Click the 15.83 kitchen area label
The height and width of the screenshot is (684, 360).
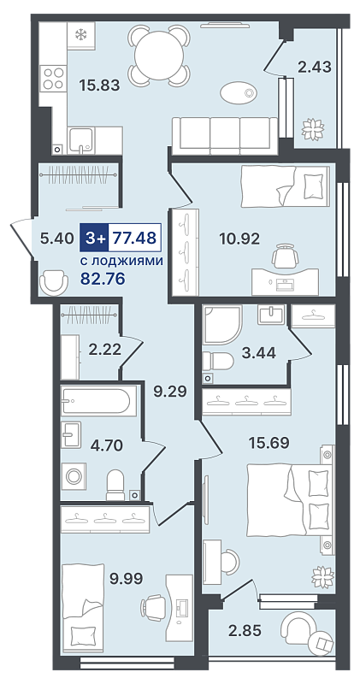click(x=99, y=85)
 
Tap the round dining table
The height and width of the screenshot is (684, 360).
click(x=159, y=55)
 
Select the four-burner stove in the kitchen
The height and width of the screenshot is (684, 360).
click(x=53, y=78)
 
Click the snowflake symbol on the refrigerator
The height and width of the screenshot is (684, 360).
click(x=80, y=34)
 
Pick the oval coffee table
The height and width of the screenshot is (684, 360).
click(x=239, y=93)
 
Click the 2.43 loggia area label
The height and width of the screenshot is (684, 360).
click(x=314, y=68)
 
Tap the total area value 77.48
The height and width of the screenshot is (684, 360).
click(x=134, y=238)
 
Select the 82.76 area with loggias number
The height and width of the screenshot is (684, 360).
click(x=103, y=279)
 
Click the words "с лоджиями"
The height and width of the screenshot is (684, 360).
click(x=122, y=262)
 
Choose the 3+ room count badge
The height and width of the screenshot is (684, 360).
click(x=94, y=238)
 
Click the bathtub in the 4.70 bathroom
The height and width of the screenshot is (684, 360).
click(x=95, y=401)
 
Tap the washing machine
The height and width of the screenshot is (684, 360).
click(x=74, y=476)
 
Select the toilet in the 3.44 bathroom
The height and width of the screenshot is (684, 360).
click(x=218, y=361)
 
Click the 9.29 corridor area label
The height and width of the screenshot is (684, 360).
click(x=170, y=392)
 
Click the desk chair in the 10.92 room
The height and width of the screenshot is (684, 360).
click(x=286, y=255)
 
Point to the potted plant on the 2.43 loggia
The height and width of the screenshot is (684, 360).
click(x=313, y=129)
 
